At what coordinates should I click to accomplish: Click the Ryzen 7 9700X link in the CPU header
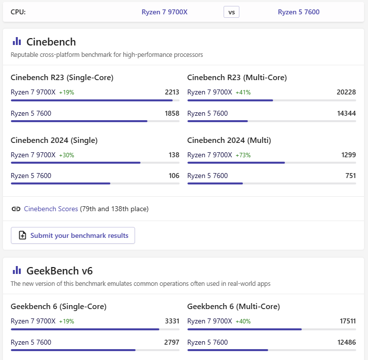click(165, 12)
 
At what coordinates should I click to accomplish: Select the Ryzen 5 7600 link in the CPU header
click(299, 12)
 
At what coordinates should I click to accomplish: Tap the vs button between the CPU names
click(231, 12)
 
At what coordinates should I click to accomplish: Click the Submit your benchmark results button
click(73, 235)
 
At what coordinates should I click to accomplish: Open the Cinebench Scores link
click(51, 209)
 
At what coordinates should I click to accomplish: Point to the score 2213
click(172, 92)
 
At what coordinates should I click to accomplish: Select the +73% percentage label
click(243, 155)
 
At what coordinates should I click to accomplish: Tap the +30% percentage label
click(66, 155)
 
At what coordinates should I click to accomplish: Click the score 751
click(350, 176)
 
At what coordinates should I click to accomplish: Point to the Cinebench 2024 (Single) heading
click(54, 140)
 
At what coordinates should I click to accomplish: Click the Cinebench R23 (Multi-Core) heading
click(237, 78)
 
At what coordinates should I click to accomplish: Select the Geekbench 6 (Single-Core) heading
click(58, 307)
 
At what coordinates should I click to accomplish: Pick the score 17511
click(347, 321)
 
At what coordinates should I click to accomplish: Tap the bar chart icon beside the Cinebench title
click(17, 42)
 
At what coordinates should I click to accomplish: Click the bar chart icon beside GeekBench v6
click(17, 270)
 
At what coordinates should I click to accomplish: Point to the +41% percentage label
click(243, 92)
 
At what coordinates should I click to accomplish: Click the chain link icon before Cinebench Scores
click(16, 209)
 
